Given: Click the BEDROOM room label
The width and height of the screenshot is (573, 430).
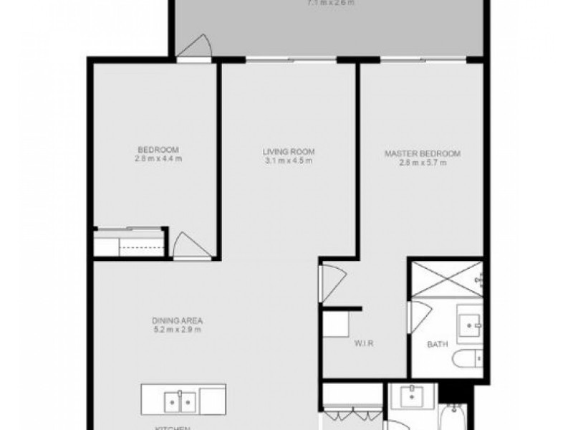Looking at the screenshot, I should click(x=152, y=149).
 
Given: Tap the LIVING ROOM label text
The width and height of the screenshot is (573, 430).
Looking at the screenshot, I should click(x=289, y=152).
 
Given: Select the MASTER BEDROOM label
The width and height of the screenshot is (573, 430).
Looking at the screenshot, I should click(x=422, y=153).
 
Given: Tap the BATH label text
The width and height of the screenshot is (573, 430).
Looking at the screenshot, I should click(x=438, y=345).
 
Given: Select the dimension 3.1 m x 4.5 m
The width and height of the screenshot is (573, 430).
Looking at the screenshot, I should click(x=289, y=161).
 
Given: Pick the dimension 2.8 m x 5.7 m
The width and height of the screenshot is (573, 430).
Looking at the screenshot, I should click(x=423, y=163).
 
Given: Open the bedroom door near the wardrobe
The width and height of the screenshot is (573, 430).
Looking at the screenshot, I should click(x=186, y=246).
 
